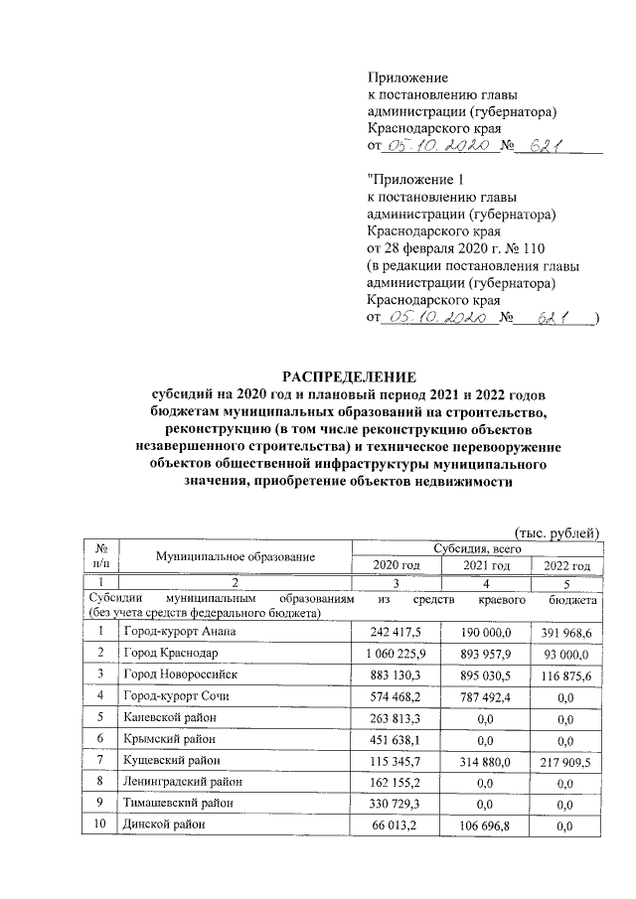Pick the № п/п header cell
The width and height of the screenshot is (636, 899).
(x=100, y=556)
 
